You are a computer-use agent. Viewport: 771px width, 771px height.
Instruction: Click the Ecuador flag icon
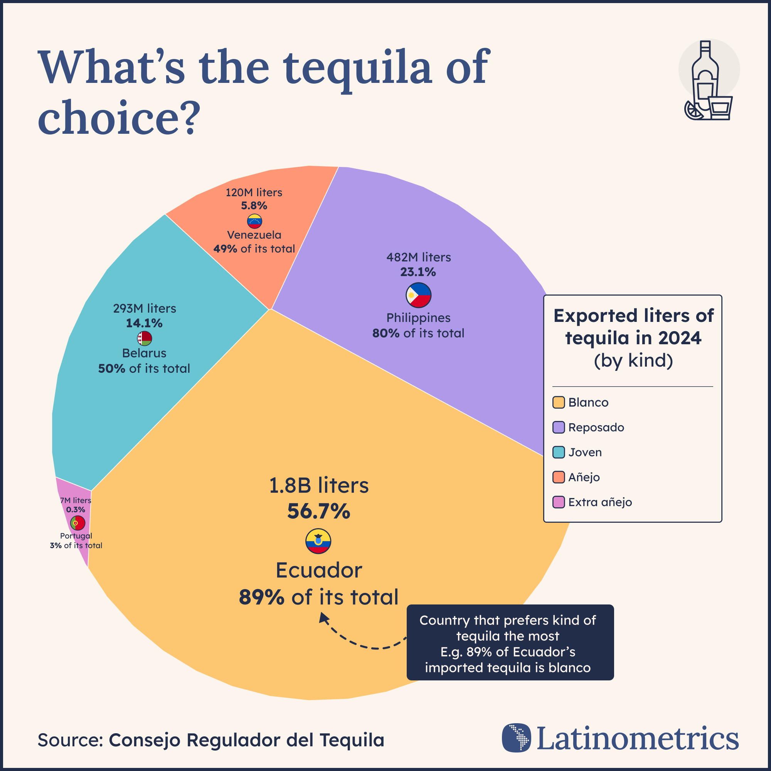click(x=318, y=541)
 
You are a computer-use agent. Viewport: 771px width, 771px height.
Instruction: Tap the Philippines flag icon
click(x=419, y=295)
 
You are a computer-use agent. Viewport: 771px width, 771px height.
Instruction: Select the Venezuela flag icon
click(x=254, y=221)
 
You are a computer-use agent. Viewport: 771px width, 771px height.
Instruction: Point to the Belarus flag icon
click(x=145, y=338)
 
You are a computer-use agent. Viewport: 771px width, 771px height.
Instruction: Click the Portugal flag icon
click(x=77, y=523)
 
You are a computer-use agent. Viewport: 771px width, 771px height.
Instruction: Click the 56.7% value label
click(x=318, y=511)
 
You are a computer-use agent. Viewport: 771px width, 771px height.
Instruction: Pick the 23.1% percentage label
click(x=418, y=272)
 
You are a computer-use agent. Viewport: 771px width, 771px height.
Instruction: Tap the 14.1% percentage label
click(x=144, y=323)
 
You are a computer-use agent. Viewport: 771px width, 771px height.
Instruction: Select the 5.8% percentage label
click(x=254, y=206)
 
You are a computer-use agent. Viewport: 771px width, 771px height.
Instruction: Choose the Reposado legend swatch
click(x=558, y=428)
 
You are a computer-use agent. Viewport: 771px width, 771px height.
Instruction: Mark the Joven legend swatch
click(x=558, y=452)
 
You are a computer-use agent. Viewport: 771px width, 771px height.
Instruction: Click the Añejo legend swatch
click(x=558, y=477)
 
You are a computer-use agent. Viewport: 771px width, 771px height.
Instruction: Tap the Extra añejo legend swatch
click(x=558, y=502)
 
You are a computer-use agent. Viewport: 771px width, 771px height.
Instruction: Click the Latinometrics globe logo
click(x=517, y=737)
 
